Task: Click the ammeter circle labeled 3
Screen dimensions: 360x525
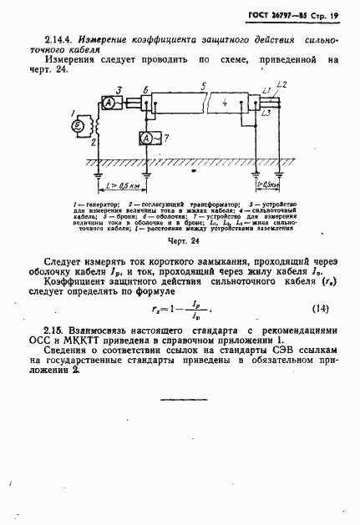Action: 109,101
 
